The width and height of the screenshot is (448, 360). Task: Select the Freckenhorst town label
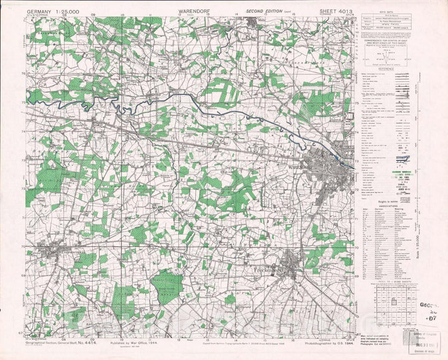point(269,271)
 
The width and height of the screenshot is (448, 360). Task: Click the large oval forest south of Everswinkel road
point(167,287)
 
